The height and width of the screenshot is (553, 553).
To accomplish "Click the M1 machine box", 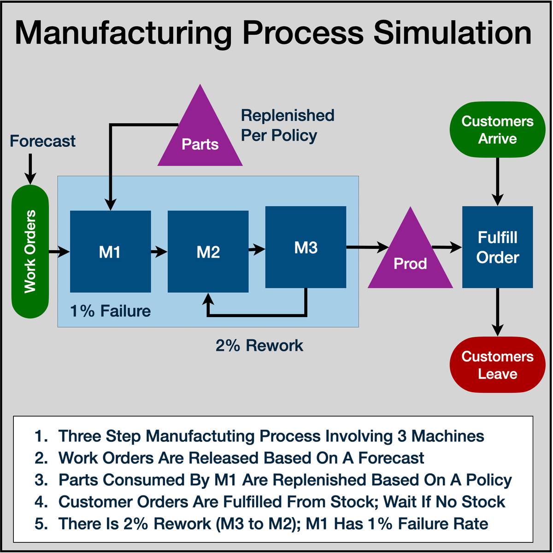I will pos(110,252).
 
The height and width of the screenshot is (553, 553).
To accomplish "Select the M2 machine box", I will pos(208,252).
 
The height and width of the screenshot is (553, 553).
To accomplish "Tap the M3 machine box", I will pos(306,247).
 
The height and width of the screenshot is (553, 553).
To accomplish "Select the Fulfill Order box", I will pos(497,247).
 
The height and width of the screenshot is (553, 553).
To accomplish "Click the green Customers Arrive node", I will pos(497,130).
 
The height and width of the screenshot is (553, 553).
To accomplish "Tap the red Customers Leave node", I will pos(497,365).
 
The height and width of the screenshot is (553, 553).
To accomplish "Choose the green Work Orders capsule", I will pos(30,252).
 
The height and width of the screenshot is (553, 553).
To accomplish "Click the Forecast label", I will pos(42,141).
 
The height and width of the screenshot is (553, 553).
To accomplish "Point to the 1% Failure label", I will pos(110,311).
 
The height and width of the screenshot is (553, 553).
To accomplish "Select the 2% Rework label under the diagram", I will pos(259,345).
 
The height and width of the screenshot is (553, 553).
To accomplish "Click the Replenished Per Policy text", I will pos(287,125).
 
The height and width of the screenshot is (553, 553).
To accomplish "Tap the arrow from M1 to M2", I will pos(159,252).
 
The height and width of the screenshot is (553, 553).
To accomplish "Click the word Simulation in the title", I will pos(452,33).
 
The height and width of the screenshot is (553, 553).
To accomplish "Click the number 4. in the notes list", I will pos(41,502).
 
